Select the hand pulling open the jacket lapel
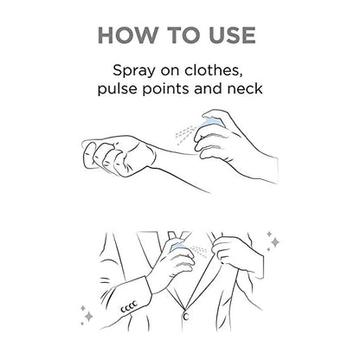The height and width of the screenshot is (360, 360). pyautogui.click(x=231, y=255)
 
